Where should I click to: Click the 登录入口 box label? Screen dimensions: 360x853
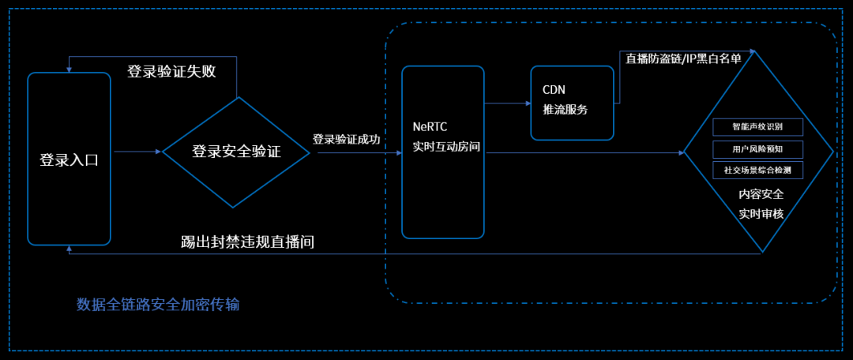[x=69, y=159]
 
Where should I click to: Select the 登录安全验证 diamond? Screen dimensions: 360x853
[x=236, y=152]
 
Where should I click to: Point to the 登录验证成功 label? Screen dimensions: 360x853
[x=346, y=140]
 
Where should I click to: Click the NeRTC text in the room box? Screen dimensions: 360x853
[x=430, y=127]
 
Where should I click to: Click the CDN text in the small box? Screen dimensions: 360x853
[x=554, y=90]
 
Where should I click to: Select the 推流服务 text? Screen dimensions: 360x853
[x=566, y=110]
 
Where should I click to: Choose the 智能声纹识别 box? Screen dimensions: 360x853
[x=757, y=126]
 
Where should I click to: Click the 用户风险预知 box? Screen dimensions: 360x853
[x=757, y=148]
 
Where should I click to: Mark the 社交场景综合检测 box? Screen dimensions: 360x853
[x=757, y=170]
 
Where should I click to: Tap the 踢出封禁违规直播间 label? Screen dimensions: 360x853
[x=248, y=242]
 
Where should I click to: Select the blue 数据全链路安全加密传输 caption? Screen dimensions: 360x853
[x=158, y=305]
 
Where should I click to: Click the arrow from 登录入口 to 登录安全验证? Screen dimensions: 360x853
[x=135, y=152]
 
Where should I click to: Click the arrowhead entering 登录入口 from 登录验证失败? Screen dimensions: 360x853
[x=70, y=69]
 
